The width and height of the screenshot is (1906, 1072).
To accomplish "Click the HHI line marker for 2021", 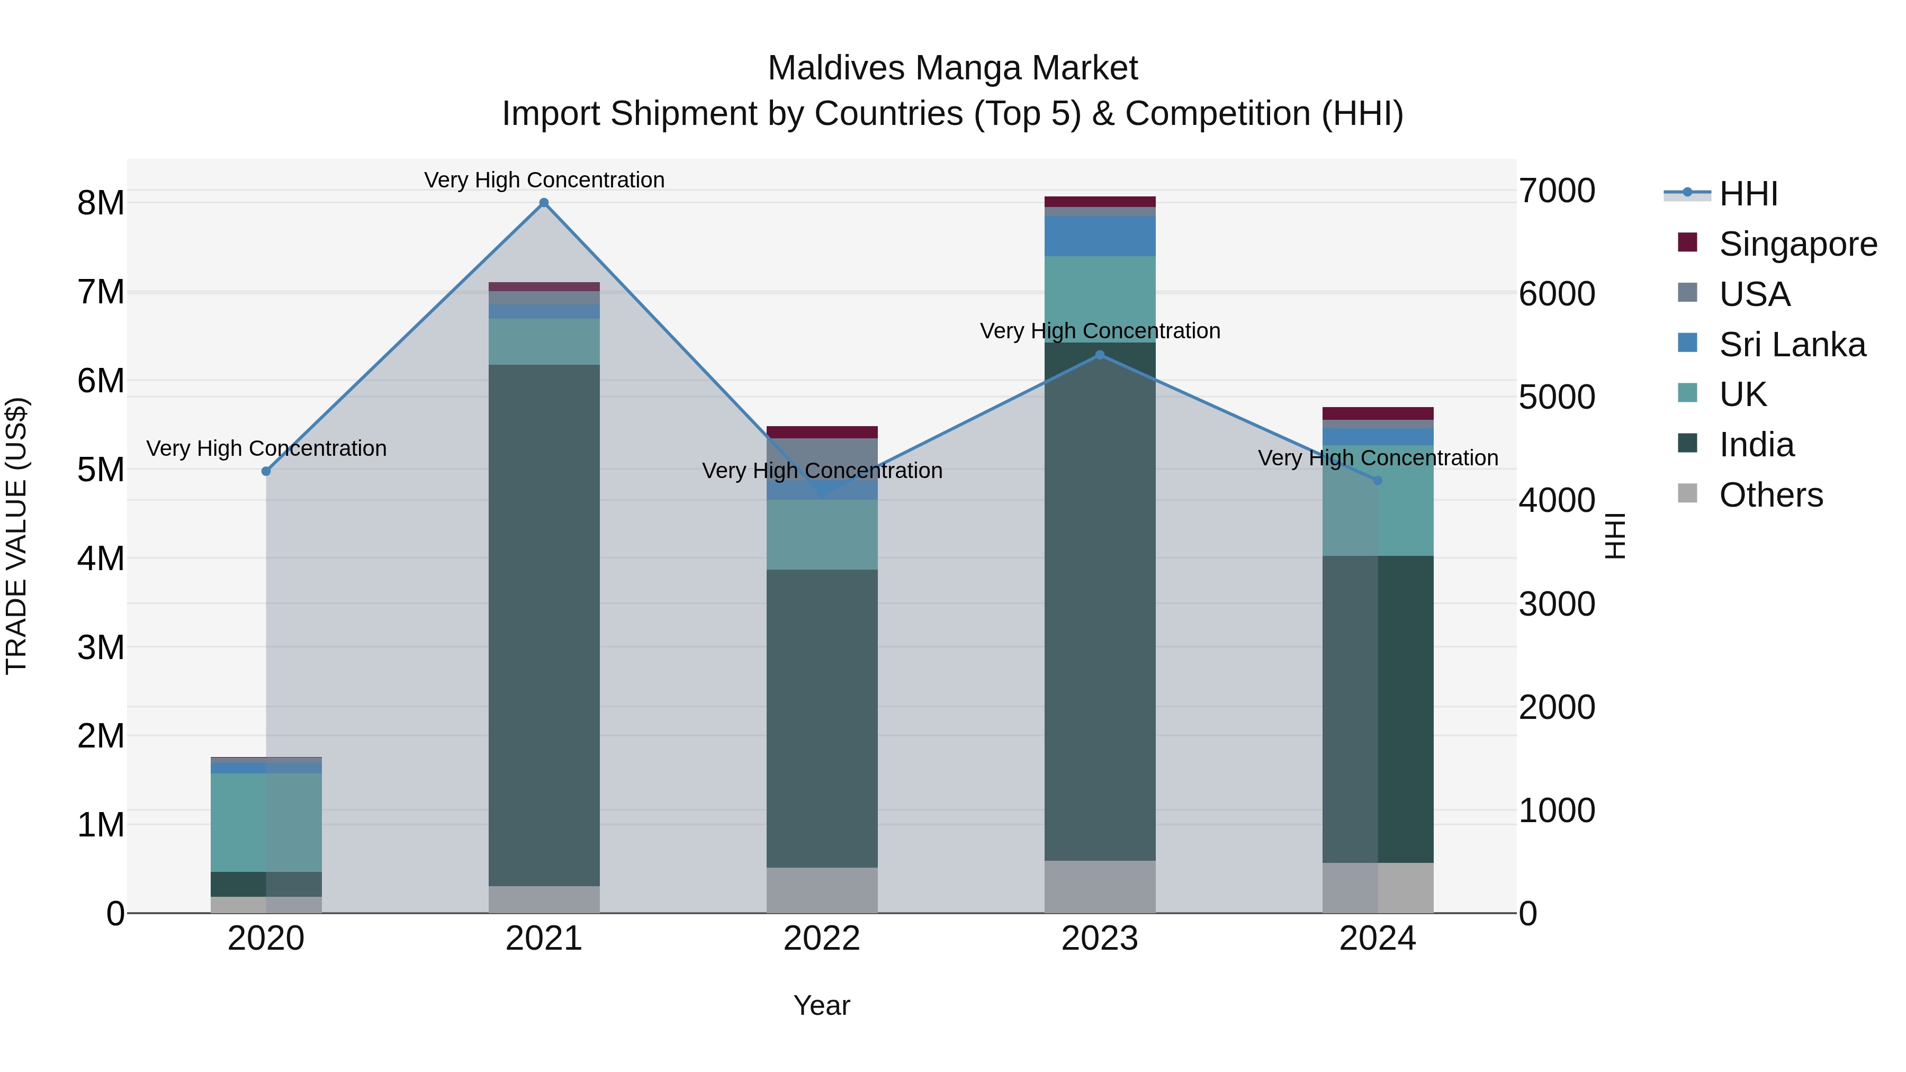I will coord(544,203).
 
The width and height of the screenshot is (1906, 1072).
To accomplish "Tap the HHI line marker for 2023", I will coord(1100,355).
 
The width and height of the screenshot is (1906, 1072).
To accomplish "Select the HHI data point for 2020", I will coord(266,471).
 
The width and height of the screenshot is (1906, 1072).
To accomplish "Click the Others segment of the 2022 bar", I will coord(821,890).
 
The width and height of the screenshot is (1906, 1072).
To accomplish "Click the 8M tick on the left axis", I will coord(101,203).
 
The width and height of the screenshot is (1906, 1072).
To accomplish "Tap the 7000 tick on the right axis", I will coord(1557,191).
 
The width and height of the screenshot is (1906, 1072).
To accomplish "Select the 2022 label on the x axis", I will coord(821,939).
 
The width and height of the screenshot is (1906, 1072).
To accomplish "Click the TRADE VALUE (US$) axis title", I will coord(16,536).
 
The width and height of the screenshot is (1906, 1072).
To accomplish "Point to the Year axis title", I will coord(821,1005).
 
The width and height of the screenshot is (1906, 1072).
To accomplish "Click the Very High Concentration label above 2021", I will coord(544,180).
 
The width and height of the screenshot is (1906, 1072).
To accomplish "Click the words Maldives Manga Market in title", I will coord(952,68).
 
